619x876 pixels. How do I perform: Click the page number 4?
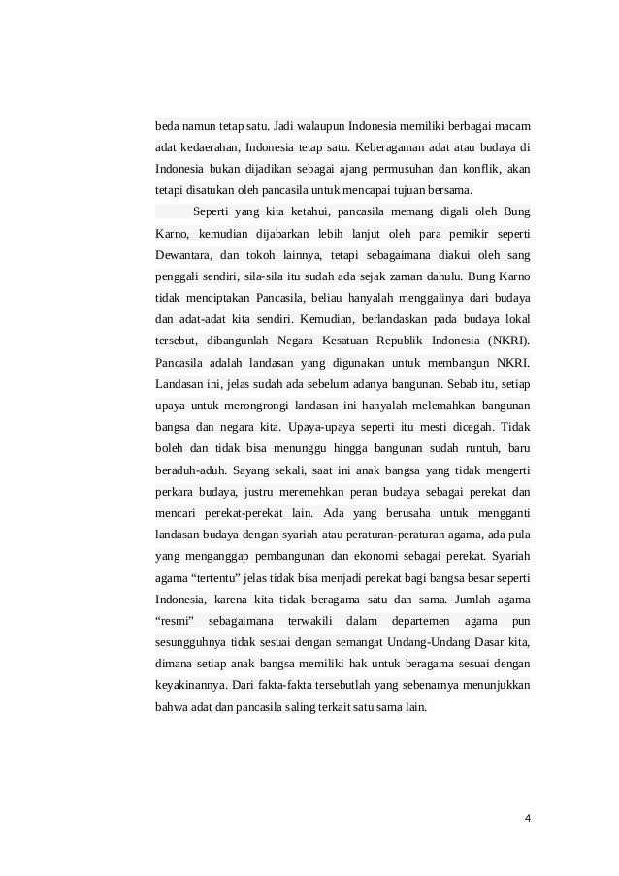pyautogui.click(x=527, y=817)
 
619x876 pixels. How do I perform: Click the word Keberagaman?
pyautogui.click(x=388, y=147)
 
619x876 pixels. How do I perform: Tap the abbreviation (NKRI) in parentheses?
pyautogui.click(x=505, y=341)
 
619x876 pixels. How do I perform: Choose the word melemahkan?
pyautogui.click(x=437, y=406)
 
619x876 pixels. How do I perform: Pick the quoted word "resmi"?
pyautogui.click(x=177, y=620)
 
